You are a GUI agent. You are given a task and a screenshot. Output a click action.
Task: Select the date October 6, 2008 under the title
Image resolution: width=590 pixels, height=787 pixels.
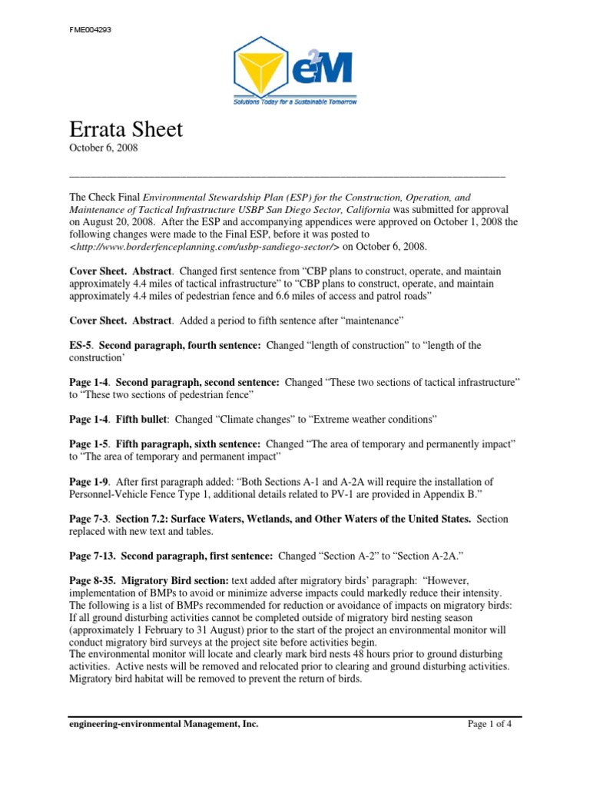point(103,148)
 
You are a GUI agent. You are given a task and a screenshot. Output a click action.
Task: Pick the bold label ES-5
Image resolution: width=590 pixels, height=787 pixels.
point(81,346)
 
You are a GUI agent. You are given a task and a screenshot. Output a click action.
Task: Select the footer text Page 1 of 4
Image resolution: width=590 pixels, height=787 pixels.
point(495,724)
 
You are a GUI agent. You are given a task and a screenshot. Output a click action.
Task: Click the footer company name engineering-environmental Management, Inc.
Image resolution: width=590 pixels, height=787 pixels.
point(164,724)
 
